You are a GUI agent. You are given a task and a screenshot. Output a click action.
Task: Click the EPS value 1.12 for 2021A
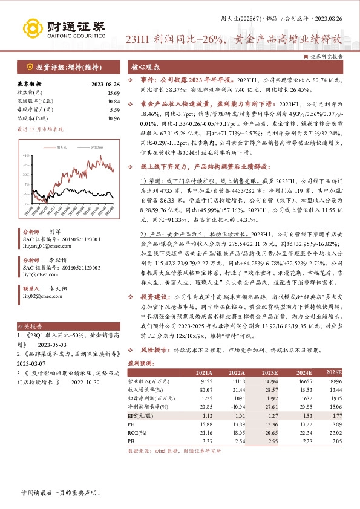206,416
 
